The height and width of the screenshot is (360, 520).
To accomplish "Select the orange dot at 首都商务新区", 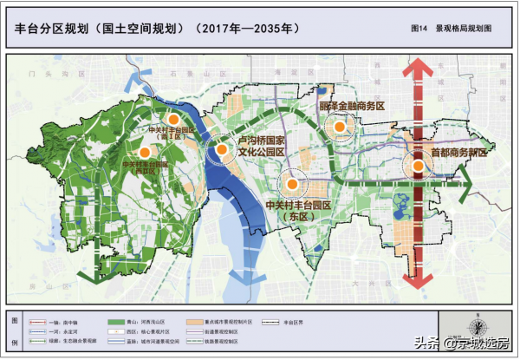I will point(418,165).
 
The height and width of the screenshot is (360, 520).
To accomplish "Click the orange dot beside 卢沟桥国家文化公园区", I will point(222,149).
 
